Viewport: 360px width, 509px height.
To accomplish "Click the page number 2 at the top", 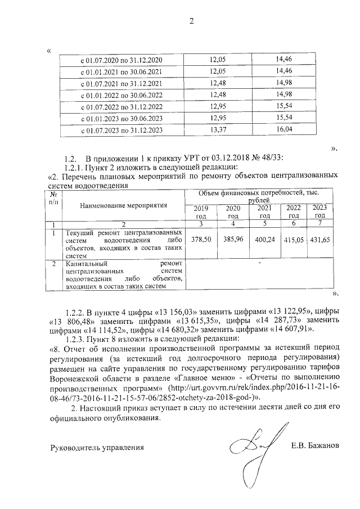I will click(191, 21).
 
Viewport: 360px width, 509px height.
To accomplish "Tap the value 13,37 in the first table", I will click(217, 130).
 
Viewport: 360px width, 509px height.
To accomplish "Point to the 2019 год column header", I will click(201, 212).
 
